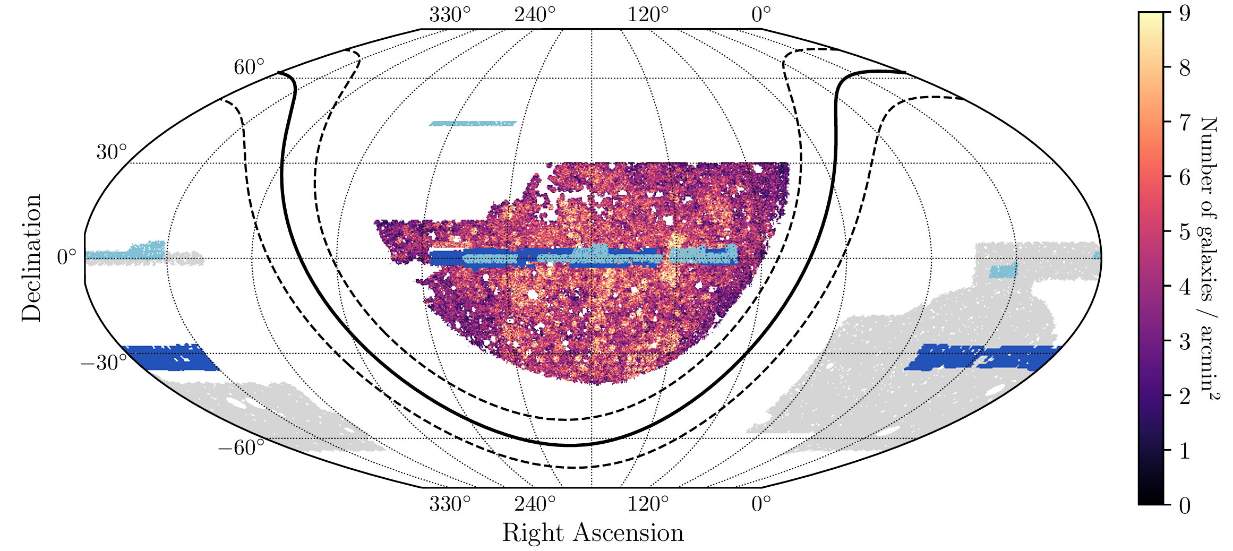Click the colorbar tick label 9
(x=1185, y=13)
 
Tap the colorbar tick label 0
(x=1185, y=505)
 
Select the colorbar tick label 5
(x=1185, y=232)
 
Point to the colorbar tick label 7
(x=1185, y=123)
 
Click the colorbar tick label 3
(x=1185, y=341)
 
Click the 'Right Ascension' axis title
(x=593, y=532)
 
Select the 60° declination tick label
(x=249, y=68)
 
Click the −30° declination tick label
(x=104, y=363)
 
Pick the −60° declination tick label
(x=241, y=447)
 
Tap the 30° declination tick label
(x=112, y=152)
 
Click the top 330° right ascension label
(x=450, y=15)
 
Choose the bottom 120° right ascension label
(x=648, y=503)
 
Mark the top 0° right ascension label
(x=761, y=15)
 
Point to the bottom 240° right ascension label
(x=535, y=503)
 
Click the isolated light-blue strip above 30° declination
(x=473, y=124)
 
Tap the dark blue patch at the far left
(x=170, y=357)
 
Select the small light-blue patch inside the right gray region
(x=1003, y=271)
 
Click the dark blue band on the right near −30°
(x=982, y=357)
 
